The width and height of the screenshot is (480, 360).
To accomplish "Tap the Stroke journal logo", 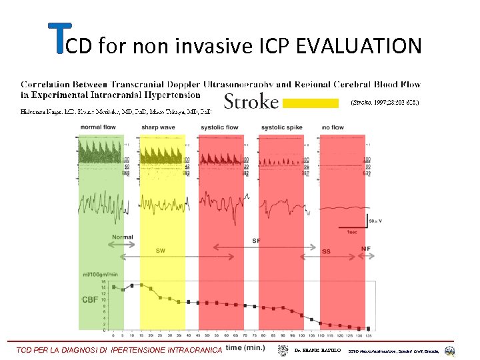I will pyautogui.click(x=250, y=101).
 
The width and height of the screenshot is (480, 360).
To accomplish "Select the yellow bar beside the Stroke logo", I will pyautogui.click(x=310, y=103).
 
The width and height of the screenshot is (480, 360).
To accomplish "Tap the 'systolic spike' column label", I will pyautogui.click(x=281, y=128).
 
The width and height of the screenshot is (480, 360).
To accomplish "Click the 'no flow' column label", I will pyautogui.click(x=333, y=128).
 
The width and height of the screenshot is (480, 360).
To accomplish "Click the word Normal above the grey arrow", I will pyautogui.click(x=123, y=237).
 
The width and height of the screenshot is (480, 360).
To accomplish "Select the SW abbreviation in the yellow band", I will pyautogui.click(x=161, y=251).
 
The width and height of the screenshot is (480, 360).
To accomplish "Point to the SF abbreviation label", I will pyautogui.click(x=257, y=240).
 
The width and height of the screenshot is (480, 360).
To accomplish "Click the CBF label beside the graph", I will pyautogui.click(x=89, y=300).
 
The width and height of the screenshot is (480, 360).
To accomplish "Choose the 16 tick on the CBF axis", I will pyautogui.click(x=103, y=281).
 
